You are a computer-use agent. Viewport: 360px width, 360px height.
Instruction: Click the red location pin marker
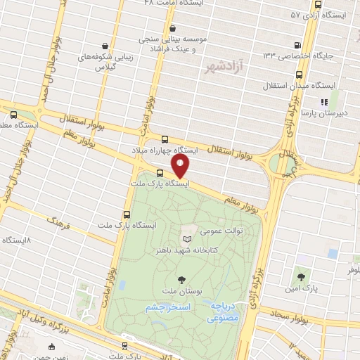(181, 167)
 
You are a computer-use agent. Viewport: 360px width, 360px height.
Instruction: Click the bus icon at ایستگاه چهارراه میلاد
(164, 140)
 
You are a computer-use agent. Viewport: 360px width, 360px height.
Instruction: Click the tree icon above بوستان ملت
(182, 281)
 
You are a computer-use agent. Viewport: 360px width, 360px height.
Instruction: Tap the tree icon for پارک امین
(301, 277)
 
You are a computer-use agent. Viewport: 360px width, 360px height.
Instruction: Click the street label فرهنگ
(61, 224)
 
